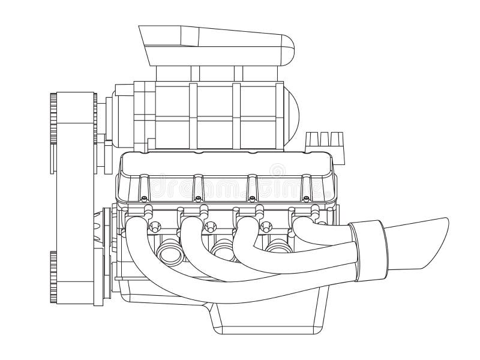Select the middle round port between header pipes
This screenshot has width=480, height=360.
(223, 247)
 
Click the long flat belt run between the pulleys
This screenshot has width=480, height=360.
(72, 192)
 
